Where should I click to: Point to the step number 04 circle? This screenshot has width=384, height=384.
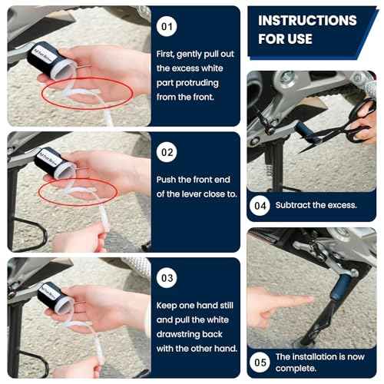pos(261,205)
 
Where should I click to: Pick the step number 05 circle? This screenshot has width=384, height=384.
pos(261,359)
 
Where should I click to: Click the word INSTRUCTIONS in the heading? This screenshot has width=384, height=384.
pos(307,21)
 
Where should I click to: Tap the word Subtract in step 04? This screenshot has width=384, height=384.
pos(295,205)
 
